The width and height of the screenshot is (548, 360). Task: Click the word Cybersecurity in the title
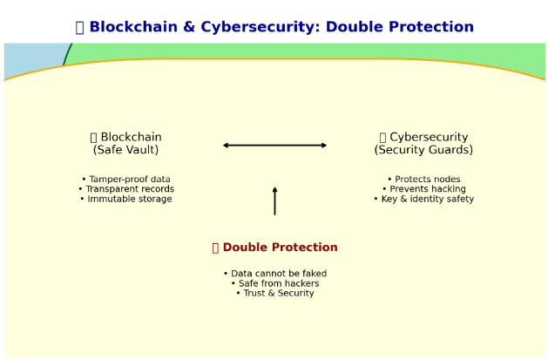tap(260, 27)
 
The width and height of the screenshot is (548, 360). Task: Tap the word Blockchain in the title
tap(133, 27)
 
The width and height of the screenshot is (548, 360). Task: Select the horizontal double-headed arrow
tap(274, 146)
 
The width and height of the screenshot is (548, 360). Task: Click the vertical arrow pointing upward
tap(275, 201)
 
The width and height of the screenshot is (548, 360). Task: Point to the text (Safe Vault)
tap(125, 150)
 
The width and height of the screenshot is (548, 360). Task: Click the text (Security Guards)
tap(423, 150)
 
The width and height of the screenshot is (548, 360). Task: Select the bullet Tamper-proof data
tap(126, 180)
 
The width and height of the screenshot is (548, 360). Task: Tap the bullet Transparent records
tap(126, 189)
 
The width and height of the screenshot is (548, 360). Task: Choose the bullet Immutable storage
tap(126, 200)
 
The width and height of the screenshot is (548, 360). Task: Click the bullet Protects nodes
tap(424, 180)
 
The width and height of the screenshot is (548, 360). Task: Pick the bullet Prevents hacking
tap(424, 189)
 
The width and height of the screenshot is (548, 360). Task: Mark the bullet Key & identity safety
tap(424, 200)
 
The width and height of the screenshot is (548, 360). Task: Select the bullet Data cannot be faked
tap(275, 274)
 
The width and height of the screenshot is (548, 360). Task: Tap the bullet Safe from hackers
tap(275, 283)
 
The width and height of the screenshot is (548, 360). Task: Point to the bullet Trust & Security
tap(275, 293)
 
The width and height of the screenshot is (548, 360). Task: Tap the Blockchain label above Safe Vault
tap(131, 137)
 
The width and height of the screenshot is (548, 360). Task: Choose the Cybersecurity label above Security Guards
tap(429, 137)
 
